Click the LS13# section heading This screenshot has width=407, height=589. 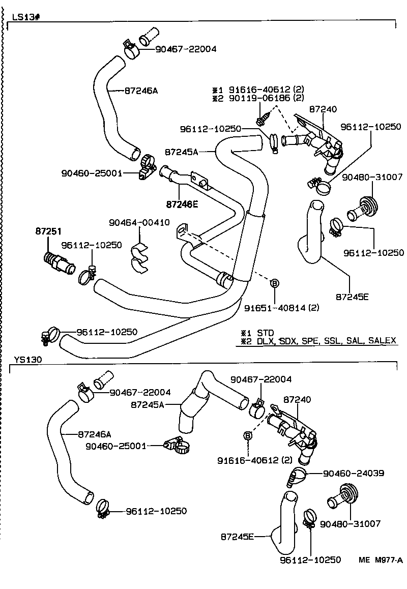[26, 17]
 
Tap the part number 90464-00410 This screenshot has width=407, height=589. [139, 222]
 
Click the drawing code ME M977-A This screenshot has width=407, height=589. [381, 560]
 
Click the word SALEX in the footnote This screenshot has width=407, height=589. [382, 340]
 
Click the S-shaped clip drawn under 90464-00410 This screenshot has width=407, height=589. [139, 257]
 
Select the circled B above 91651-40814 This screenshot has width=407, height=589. [274, 283]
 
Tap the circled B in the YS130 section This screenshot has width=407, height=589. [248, 436]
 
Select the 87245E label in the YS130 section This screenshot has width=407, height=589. [237, 536]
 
